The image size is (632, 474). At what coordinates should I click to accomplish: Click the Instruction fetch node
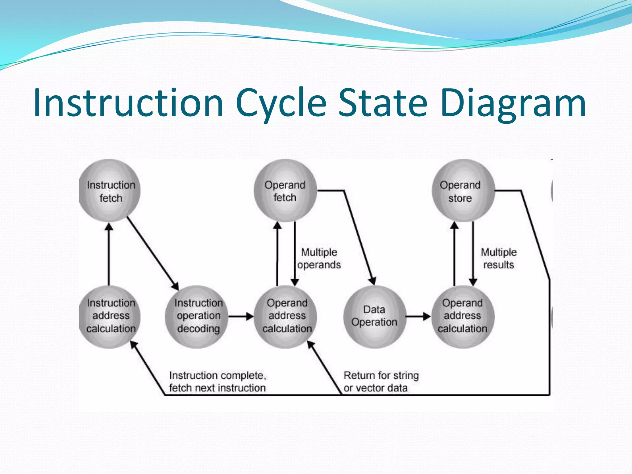[x=110, y=191]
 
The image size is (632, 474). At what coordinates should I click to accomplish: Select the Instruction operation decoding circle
[x=197, y=316]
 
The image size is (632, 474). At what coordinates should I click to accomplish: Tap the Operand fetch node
[x=285, y=191]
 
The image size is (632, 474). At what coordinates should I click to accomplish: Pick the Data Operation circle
[x=374, y=316]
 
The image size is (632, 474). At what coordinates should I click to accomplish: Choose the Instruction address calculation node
[x=110, y=316]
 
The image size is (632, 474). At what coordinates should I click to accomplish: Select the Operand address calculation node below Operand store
[x=462, y=316]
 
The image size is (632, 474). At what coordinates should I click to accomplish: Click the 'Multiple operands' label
[x=319, y=259]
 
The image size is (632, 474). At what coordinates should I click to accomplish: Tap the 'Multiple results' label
[x=498, y=259]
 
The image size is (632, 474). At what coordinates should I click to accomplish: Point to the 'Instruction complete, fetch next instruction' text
[x=218, y=381]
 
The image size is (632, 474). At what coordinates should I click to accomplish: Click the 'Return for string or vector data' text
[x=381, y=381]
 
